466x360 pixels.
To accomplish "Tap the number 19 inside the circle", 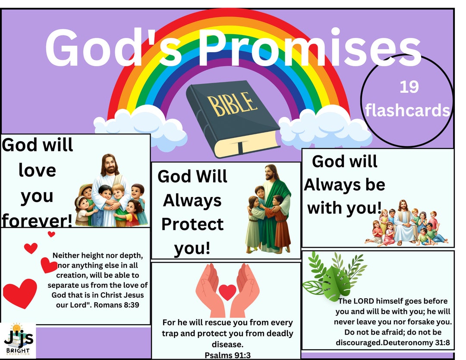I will point(409,87).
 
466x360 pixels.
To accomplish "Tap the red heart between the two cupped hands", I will point(227,292).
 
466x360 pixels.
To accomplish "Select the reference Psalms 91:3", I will point(227,355).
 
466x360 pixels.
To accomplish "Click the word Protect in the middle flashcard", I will point(192,224).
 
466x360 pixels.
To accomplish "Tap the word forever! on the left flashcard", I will point(38,221).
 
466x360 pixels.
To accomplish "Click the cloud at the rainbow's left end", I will point(138,128).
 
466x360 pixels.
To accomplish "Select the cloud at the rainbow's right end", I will point(326,127).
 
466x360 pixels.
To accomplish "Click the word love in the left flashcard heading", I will point(37,170).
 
